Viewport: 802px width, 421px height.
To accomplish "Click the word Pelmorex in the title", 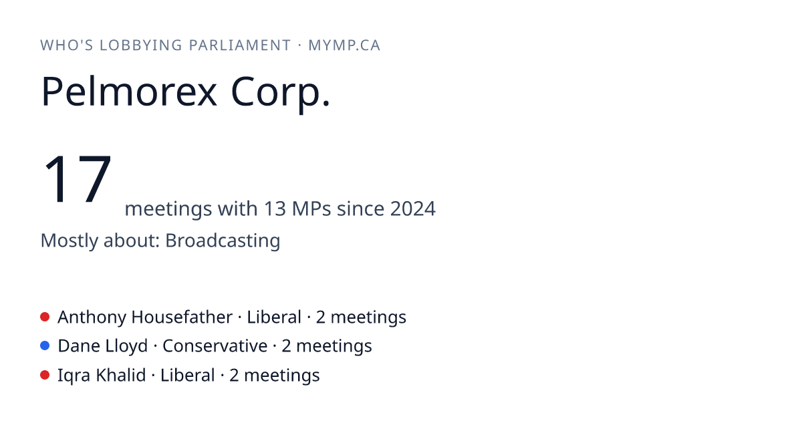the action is pyautogui.click(x=129, y=92).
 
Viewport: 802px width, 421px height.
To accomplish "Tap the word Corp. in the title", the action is pyautogui.click(x=280, y=94).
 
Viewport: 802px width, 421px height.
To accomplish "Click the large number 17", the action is pyautogui.click(x=77, y=178).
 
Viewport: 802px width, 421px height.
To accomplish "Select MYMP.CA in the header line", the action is pyautogui.click(x=344, y=45).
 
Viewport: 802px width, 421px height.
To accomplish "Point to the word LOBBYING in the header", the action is pyautogui.click(x=141, y=45).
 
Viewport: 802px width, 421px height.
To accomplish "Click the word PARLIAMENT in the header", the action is pyautogui.click(x=240, y=45).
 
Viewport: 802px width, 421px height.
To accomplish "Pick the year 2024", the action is pyautogui.click(x=413, y=208).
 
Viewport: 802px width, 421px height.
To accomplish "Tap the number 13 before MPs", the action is pyautogui.click(x=275, y=208).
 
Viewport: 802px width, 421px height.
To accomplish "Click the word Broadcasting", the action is pyautogui.click(x=223, y=241).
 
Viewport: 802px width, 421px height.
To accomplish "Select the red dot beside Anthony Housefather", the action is pyautogui.click(x=45, y=317).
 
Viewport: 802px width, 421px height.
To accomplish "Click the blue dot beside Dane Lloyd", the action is pyautogui.click(x=45, y=346).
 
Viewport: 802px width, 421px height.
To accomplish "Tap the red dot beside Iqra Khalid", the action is pyautogui.click(x=45, y=375).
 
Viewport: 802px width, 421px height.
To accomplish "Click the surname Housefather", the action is pyautogui.click(x=182, y=317).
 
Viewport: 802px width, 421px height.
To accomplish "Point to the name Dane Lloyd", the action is pyautogui.click(x=103, y=347).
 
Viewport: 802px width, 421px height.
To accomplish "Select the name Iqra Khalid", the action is pyautogui.click(x=102, y=376).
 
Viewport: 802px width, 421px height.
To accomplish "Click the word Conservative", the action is pyautogui.click(x=215, y=346).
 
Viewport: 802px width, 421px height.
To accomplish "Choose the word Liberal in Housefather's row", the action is pyautogui.click(x=274, y=317).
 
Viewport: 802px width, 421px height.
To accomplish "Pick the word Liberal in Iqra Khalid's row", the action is pyautogui.click(x=187, y=376).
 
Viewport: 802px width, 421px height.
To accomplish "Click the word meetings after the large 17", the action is pyautogui.click(x=168, y=209).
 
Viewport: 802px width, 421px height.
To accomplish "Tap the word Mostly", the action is pyautogui.click(x=69, y=241).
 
